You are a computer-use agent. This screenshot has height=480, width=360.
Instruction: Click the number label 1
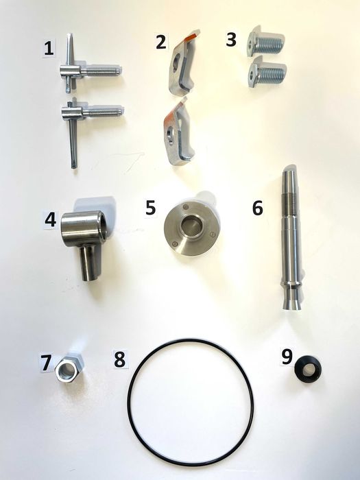click(x=49, y=49)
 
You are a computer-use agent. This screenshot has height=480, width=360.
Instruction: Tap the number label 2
click(x=161, y=42)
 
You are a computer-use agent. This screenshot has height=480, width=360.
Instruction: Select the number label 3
click(x=231, y=40)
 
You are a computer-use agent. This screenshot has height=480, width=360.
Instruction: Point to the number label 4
click(x=51, y=219)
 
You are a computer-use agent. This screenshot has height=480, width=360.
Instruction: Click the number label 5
click(x=150, y=208)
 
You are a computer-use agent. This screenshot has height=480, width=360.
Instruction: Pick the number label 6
click(x=257, y=208)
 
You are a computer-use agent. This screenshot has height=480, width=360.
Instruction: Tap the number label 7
click(x=46, y=362)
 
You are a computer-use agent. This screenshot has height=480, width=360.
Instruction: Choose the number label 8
click(x=120, y=359)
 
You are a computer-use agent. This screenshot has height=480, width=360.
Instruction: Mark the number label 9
click(x=287, y=357)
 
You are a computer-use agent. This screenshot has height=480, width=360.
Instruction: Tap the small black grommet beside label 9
click(x=308, y=370)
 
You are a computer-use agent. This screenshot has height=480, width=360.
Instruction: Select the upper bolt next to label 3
click(x=266, y=43)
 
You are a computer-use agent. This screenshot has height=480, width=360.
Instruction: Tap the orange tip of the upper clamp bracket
click(x=191, y=36)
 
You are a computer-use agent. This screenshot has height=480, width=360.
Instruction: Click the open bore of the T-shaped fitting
click(x=102, y=226)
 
